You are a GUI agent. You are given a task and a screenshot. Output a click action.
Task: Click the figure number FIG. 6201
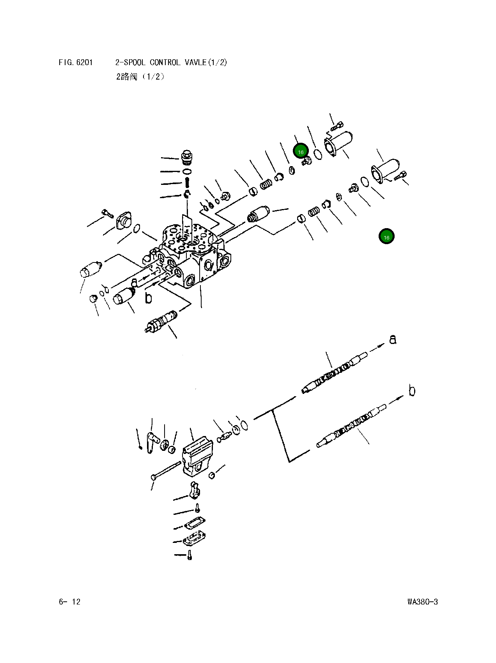click(x=76, y=62)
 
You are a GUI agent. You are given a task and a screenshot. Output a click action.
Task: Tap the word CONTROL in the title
click(x=165, y=62)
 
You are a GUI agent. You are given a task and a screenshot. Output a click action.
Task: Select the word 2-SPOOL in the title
click(x=130, y=62)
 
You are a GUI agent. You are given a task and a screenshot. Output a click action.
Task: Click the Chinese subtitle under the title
click(x=140, y=76)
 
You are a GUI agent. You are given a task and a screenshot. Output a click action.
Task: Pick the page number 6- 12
click(x=69, y=601)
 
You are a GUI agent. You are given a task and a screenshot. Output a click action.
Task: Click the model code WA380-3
click(x=422, y=601)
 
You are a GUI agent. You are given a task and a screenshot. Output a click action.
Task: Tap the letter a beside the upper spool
click(x=393, y=339)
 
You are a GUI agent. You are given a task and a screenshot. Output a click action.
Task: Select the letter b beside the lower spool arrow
click(x=412, y=390)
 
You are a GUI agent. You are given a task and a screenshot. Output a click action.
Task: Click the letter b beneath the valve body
click(x=148, y=298)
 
